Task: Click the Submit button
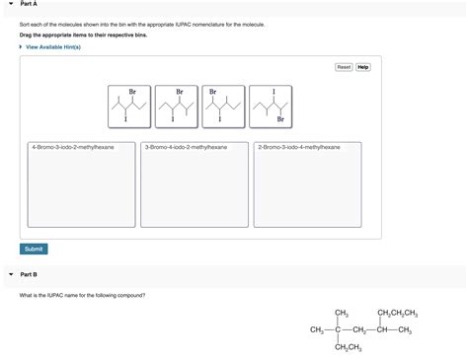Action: (x=34, y=249)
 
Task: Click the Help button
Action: (x=363, y=67)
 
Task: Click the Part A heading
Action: (x=28, y=4)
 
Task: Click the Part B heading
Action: (x=28, y=274)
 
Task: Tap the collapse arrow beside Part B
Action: (x=10, y=274)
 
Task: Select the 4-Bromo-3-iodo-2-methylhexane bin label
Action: (x=73, y=147)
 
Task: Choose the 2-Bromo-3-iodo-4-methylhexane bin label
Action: (x=298, y=147)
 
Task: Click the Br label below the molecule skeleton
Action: (x=280, y=120)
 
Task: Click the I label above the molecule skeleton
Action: (x=273, y=92)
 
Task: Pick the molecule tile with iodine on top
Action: (x=273, y=107)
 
